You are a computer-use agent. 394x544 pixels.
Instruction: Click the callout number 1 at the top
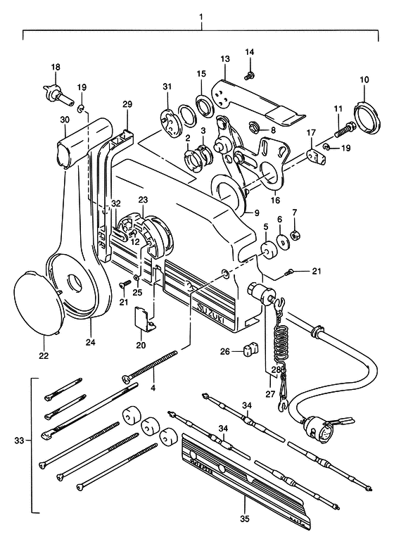(x=201, y=17)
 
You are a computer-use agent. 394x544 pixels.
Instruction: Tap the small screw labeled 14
(x=249, y=75)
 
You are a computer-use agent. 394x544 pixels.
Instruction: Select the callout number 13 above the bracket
(x=225, y=59)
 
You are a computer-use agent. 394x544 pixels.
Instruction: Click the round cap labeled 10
(x=367, y=113)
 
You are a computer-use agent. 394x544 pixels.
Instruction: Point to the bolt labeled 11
(x=344, y=129)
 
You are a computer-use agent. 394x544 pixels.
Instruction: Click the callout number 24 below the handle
(x=91, y=342)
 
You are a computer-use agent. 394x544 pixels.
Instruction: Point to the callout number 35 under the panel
(x=245, y=519)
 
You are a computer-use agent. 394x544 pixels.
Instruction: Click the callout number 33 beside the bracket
(x=20, y=441)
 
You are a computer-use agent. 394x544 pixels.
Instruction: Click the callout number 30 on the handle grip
(x=65, y=120)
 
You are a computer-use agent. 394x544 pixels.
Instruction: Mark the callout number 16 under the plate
(x=276, y=200)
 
